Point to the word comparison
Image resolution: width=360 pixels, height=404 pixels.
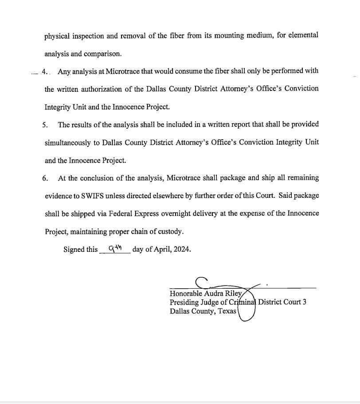(x=103, y=54)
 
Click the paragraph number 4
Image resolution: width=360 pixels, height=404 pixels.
(x=44, y=71)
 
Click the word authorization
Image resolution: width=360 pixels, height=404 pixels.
(x=102, y=89)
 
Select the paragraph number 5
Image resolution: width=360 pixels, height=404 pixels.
(x=45, y=125)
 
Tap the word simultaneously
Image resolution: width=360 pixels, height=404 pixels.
(x=71, y=143)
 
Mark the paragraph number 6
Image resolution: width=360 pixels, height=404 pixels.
(x=45, y=178)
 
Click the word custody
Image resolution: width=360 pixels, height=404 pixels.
(x=170, y=231)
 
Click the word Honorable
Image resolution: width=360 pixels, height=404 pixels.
(x=186, y=294)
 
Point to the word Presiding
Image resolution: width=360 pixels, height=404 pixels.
(x=184, y=302)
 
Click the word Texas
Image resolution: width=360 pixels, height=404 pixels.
(x=227, y=311)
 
